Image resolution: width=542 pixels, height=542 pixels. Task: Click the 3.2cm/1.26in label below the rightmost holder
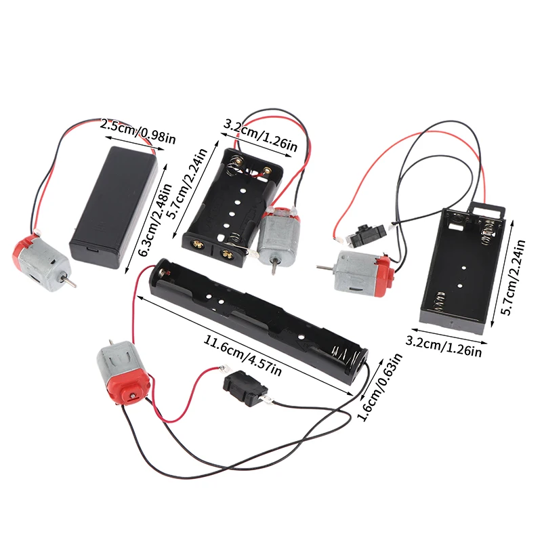coord(444,343)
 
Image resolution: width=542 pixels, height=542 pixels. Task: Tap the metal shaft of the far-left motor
coord(68,279)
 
